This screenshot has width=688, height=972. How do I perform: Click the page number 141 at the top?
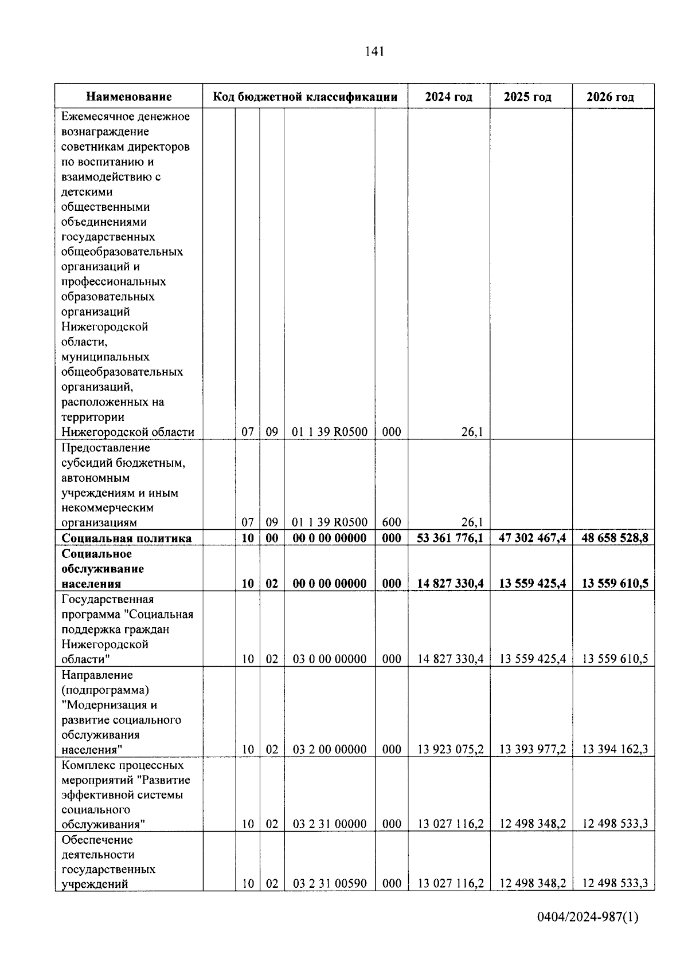(374, 52)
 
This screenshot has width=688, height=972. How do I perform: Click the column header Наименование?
(129, 97)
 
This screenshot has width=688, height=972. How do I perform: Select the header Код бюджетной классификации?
(305, 97)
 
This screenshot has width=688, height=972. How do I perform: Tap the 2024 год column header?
(448, 97)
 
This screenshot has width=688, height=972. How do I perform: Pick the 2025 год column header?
(527, 97)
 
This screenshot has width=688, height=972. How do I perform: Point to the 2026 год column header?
(610, 97)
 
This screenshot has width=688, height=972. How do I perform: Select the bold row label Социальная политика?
(127, 538)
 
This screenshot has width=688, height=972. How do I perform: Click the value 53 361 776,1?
(450, 538)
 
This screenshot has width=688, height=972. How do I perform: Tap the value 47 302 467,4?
(533, 538)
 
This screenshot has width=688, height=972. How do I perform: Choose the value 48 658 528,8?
(615, 538)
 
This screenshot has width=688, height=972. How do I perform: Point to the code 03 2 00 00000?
(330, 750)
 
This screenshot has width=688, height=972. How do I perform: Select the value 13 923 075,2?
(451, 750)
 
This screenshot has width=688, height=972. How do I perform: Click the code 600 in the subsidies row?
(392, 522)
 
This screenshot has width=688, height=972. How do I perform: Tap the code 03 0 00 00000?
(330, 659)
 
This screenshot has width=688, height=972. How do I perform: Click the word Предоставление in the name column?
(105, 448)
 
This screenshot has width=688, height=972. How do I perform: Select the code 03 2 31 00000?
(330, 824)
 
